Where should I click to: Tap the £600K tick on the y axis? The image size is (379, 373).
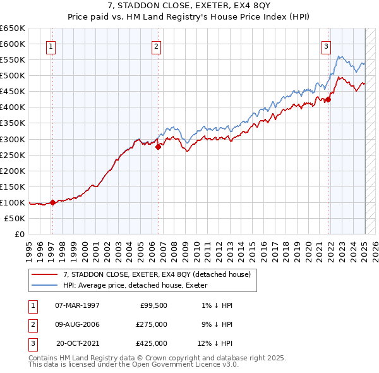point(13,44)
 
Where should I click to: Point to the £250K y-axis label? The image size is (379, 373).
point(13,155)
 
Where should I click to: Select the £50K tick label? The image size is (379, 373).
point(15,218)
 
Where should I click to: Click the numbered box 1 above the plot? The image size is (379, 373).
point(50,46)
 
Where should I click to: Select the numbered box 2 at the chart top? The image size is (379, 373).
point(156,46)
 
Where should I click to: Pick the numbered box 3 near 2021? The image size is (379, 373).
point(326,46)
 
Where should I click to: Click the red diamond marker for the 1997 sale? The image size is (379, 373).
point(52,202)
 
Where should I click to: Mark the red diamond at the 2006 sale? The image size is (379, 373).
point(158,147)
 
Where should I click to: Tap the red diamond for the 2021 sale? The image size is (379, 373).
point(328,99)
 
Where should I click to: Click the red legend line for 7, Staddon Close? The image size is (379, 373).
point(44,274)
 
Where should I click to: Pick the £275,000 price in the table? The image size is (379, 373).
point(152,324)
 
